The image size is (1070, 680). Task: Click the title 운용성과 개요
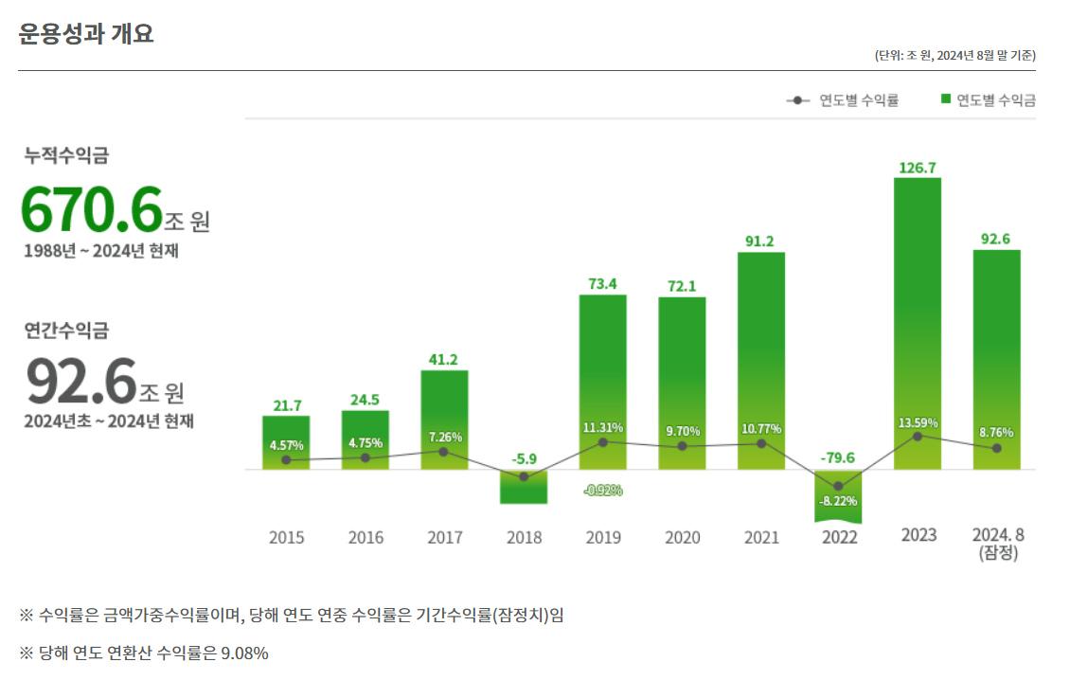click(x=86, y=34)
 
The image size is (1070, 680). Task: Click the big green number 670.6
click(x=92, y=209)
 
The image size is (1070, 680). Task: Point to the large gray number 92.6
click(x=81, y=382)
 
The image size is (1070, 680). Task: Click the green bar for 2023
click(x=918, y=322)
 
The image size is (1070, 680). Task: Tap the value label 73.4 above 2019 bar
click(x=603, y=283)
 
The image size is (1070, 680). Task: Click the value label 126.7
click(x=918, y=168)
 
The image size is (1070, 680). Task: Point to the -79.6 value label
click(x=838, y=457)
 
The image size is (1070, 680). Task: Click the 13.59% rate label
click(x=918, y=422)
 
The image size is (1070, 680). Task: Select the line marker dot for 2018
click(x=524, y=476)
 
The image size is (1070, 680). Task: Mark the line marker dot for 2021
click(x=760, y=443)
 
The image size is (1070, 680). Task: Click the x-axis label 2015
click(x=287, y=538)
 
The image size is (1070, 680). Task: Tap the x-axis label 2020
click(x=682, y=538)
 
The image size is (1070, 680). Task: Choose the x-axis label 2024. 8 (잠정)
click(x=998, y=544)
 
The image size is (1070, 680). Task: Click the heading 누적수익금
click(x=66, y=156)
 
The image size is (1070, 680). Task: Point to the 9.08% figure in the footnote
click(x=244, y=653)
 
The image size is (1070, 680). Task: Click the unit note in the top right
click(x=955, y=56)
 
